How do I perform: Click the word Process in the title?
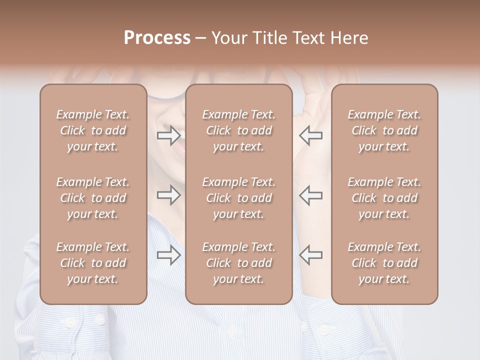(157, 38)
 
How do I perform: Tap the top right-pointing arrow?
(169, 135)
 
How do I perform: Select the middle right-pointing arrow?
(169, 195)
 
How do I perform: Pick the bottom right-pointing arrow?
(169, 255)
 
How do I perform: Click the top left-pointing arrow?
(310, 135)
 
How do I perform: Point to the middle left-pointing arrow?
(310, 195)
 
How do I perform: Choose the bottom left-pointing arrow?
(310, 255)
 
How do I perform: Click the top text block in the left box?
(93, 130)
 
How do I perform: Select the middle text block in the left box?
(93, 198)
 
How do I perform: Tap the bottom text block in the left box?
(93, 263)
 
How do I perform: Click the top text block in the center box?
(238, 130)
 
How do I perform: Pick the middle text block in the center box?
(238, 198)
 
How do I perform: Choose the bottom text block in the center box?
(238, 263)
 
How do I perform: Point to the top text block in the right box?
(384, 130)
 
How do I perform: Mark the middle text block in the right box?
(384, 198)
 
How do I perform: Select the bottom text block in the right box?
(384, 263)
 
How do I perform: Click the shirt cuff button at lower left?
(100, 318)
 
